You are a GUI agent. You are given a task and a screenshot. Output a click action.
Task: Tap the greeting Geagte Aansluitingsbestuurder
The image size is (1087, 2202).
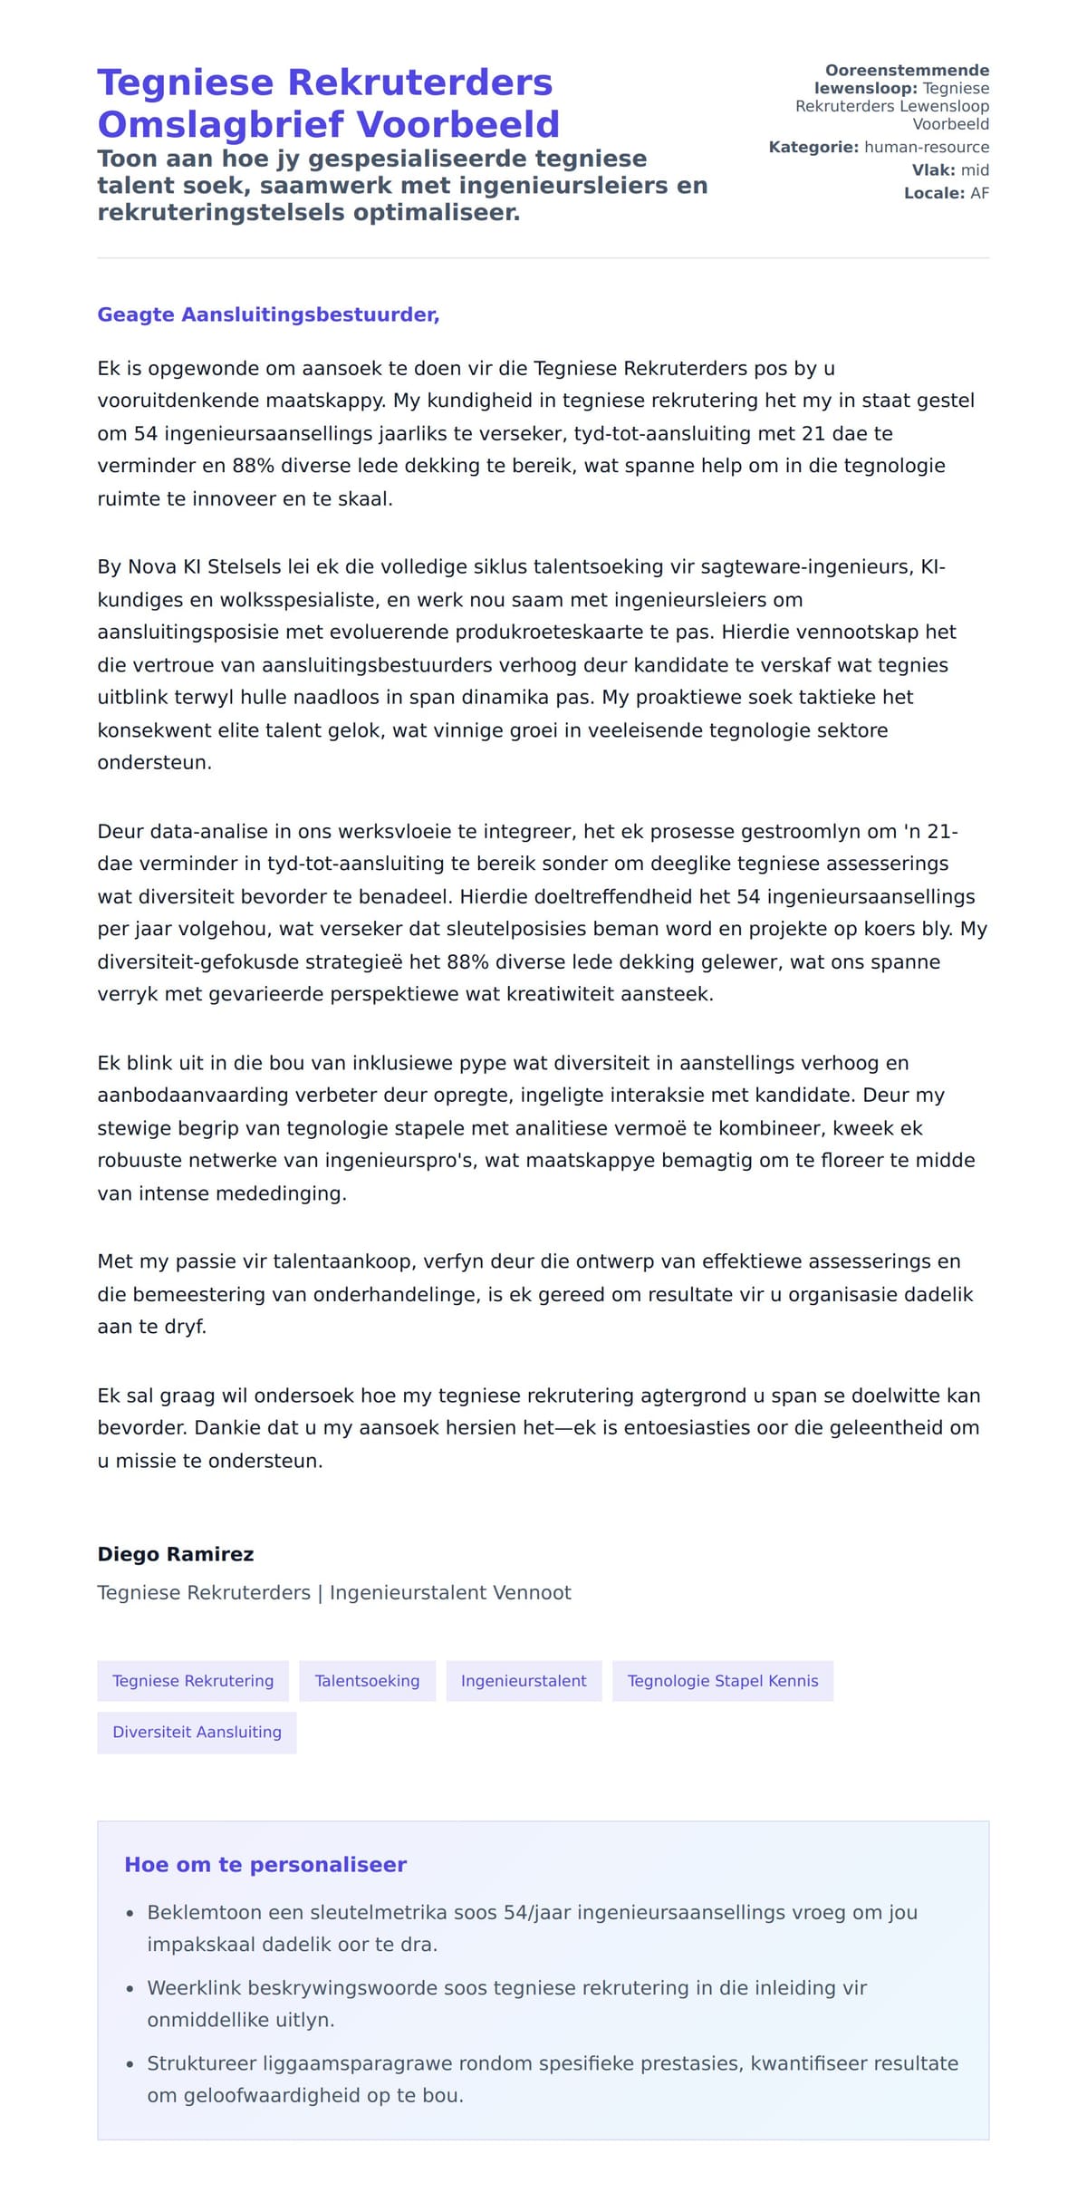coord(268,314)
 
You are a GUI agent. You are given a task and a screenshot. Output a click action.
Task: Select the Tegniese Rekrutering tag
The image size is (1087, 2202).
coord(193,1681)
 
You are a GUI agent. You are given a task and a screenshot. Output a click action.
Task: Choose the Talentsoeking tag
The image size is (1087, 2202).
coord(367,1681)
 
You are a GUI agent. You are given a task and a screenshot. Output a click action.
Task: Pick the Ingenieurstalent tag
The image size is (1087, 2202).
coord(524,1681)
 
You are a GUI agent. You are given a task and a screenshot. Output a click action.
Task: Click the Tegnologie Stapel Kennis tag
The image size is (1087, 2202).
coord(723,1681)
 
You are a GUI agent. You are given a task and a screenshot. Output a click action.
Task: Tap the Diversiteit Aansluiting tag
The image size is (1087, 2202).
coord(197,1732)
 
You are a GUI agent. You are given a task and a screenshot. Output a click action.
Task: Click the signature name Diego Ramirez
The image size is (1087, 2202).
coord(176,1554)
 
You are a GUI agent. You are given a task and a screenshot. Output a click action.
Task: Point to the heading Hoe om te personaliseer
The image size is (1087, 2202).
coord(265,1864)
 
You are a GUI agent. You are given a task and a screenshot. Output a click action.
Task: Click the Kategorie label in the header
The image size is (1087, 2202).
coord(813,147)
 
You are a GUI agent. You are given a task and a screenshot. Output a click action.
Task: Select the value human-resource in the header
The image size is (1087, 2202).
coord(927,147)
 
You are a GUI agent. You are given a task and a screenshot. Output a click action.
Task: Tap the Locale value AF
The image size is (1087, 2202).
coord(979,193)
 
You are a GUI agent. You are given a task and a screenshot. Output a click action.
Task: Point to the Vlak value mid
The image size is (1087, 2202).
coord(975,170)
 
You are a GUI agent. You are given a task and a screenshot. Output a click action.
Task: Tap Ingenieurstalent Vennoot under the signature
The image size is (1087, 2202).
coord(450,1593)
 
